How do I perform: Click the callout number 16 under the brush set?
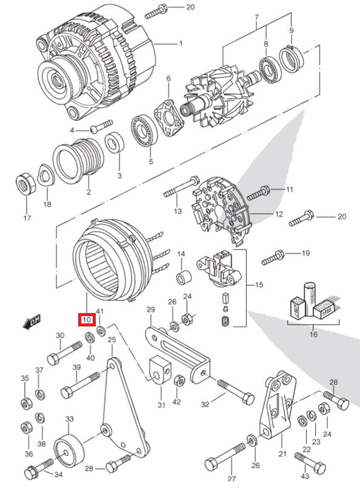[313, 333]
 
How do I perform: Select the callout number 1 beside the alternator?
[180, 44]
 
